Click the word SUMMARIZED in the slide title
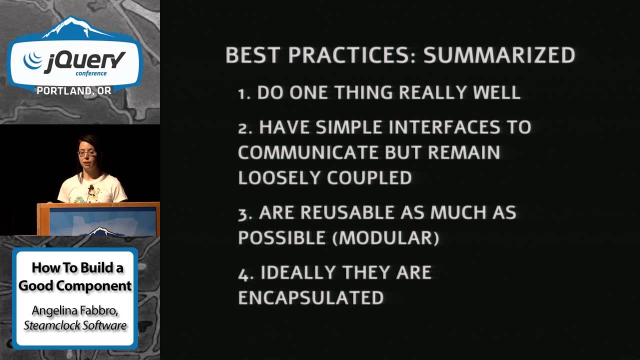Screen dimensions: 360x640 click(x=499, y=55)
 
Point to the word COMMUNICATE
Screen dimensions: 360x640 click(x=304, y=152)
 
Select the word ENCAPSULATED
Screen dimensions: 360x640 click(x=310, y=297)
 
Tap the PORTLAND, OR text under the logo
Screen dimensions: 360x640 click(x=74, y=90)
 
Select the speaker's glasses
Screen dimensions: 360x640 click(x=86, y=152)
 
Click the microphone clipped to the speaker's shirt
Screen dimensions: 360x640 click(x=91, y=188)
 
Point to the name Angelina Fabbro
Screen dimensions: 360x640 click(x=75, y=310)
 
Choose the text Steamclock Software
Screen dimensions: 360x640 click(x=75, y=325)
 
